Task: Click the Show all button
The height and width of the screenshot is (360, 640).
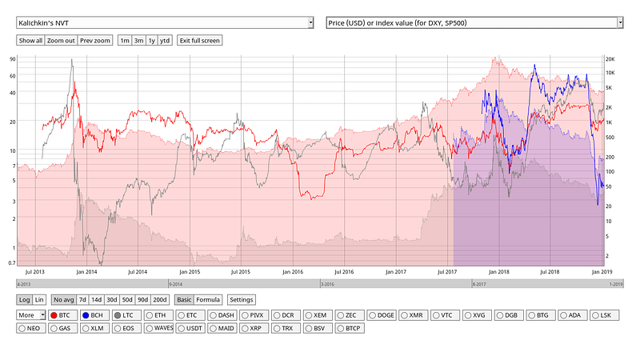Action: pos(30,40)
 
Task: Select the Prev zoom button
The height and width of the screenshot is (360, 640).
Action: pos(95,40)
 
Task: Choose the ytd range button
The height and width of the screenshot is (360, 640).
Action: pos(164,40)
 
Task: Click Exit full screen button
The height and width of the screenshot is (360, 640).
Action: pos(199,40)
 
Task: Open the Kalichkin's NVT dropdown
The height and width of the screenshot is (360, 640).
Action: pos(165,22)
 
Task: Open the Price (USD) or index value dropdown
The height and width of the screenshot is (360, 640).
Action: pos(474,22)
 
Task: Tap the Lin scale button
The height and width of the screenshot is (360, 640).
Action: pos(39,300)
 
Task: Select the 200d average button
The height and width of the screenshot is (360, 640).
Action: pos(160,300)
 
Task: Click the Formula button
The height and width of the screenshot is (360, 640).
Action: pos(208,300)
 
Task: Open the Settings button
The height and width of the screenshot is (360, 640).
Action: pos(241,300)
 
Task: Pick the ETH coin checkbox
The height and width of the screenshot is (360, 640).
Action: pos(155,316)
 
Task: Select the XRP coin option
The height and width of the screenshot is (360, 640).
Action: pos(250,328)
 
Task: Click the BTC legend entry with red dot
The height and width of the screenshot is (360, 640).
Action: pos(60,316)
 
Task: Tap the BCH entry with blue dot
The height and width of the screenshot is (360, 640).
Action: pos(91,316)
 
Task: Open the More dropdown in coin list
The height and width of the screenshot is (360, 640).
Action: pos(31,316)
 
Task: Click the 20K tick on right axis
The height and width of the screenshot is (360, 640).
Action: pos(610,59)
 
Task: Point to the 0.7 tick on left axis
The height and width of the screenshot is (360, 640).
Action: pos(12,262)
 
